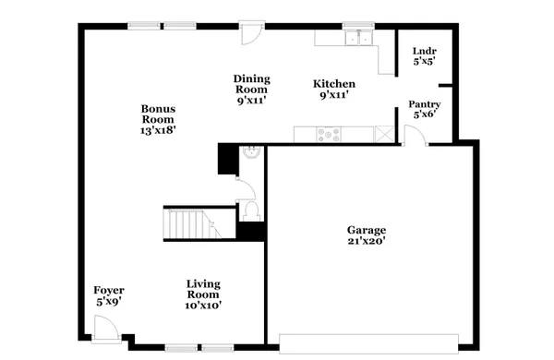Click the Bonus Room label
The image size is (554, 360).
(158, 114)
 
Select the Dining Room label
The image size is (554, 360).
(251, 84)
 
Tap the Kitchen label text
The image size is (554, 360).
(333, 84)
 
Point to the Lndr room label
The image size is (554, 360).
(424, 52)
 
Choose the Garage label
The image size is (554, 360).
(366, 230)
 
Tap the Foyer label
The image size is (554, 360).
(109, 291)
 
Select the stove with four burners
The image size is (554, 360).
(329, 135)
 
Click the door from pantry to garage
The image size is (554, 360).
(415, 137)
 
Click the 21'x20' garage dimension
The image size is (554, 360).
(366, 240)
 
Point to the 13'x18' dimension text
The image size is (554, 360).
(158, 130)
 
